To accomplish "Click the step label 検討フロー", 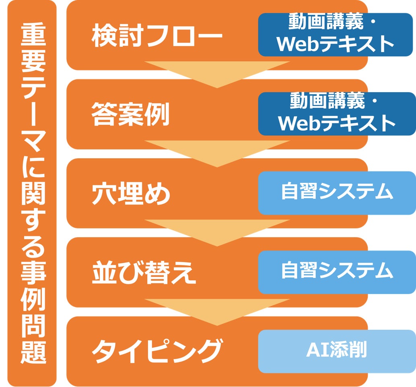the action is (x=157, y=36).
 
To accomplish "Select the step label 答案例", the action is (x=130, y=114).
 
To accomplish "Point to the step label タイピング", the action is (x=157, y=351).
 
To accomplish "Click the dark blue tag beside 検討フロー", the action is (x=336, y=35).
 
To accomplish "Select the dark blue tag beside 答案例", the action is (x=336, y=114).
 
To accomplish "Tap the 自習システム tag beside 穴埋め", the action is (x=336, y=192).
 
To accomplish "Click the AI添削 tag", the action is (x=336, y=351).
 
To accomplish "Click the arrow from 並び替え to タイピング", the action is (x=217, y=311).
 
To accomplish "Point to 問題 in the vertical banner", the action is (x=32, y=334).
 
